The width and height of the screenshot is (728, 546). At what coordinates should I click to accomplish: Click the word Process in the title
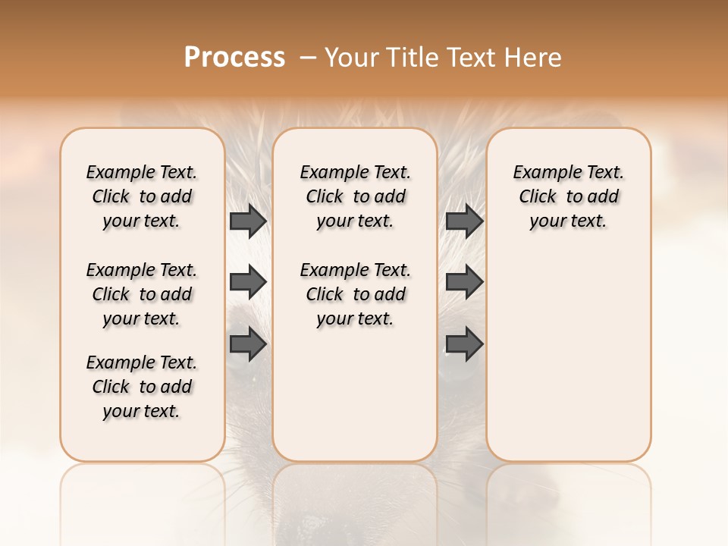click(234, 58)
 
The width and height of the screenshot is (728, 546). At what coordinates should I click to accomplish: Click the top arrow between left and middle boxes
click(247, 221)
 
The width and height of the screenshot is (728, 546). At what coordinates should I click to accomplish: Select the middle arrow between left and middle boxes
click(247, 283)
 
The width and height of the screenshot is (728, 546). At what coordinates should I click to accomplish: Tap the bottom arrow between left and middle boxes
click(247, 344)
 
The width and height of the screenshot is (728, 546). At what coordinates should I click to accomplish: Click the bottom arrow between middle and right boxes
click(464, 344)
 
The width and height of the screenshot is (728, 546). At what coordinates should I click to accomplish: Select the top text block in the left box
click(142, 196)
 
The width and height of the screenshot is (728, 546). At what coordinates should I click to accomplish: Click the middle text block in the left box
click(142, 294)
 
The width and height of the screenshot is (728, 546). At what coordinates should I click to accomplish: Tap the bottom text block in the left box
click(142, 387)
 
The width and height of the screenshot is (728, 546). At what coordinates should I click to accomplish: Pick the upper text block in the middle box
click(355, 196)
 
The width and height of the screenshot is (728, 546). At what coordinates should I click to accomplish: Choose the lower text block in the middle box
click(355, 294)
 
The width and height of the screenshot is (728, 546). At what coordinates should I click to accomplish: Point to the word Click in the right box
click(538, 197)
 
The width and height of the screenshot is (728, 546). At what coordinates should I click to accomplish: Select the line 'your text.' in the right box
click(568, 221)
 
